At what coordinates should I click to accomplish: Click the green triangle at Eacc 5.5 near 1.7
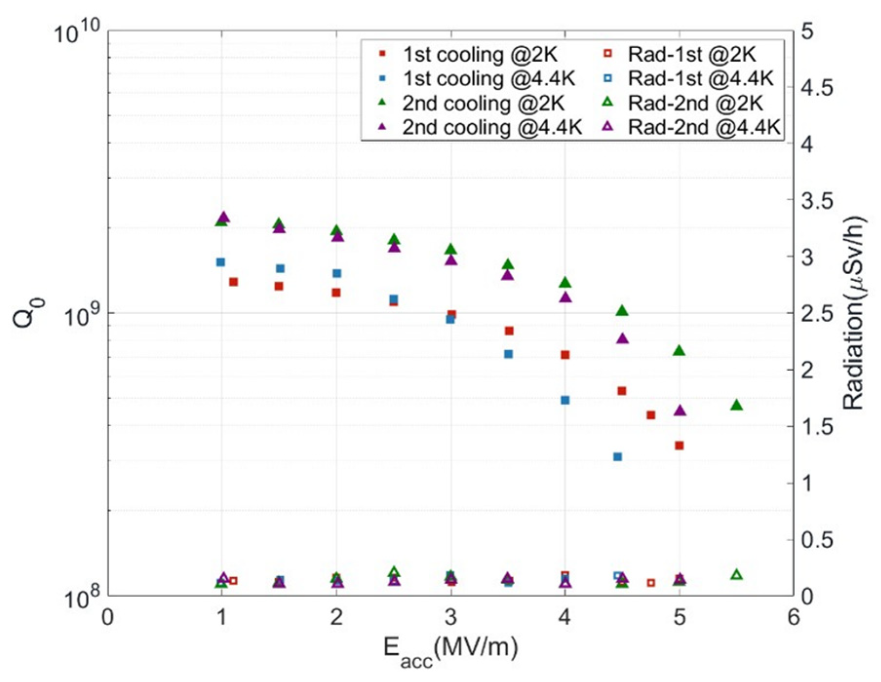click(x=736, y=405)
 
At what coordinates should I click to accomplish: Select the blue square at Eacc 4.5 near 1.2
click(x=617, y=456)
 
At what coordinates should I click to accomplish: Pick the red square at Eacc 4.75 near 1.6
click(x=651, y=415)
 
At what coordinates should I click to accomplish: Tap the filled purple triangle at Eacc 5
click(x=680, y=411)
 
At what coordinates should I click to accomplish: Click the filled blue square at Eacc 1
click(x=221, y=262)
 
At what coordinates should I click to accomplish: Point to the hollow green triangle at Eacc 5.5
click(x=737, y=575)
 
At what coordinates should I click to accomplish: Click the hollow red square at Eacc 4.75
click(x=651, y=583)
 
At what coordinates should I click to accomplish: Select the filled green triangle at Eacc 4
click(x=565, y=283)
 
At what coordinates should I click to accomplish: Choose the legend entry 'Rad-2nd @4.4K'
click(x=704, y=128)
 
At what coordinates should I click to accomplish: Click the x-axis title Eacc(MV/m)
click(x=451, y=650)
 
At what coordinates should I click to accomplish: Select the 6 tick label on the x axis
click(x=793, y=617)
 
